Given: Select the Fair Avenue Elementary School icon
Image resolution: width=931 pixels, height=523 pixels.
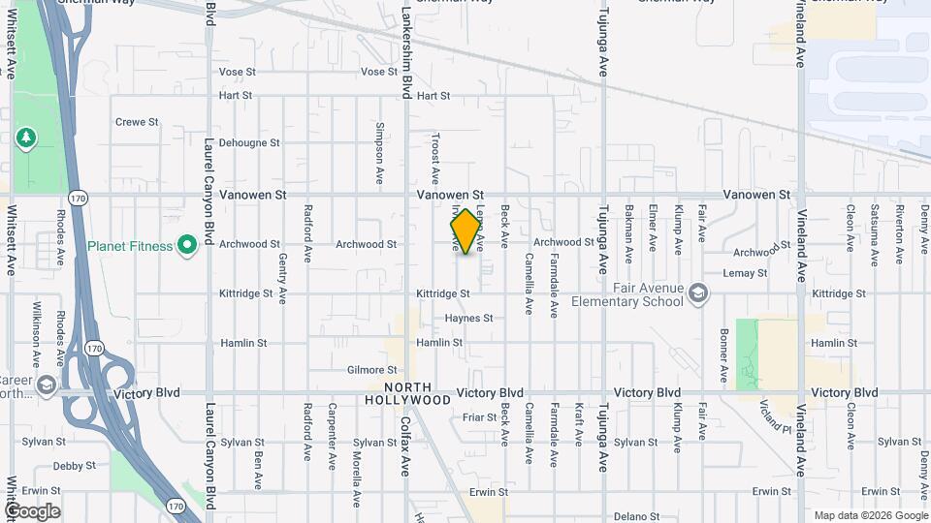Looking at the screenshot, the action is coord(697,293).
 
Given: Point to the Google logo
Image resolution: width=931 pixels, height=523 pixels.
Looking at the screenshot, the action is coord(31,511).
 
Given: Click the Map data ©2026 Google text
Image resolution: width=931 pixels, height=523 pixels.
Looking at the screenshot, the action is coord(870,515).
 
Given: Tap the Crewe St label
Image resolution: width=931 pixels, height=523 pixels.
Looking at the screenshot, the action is coord(137,122).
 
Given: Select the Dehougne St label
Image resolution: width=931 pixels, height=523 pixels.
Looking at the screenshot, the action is coord(249,142).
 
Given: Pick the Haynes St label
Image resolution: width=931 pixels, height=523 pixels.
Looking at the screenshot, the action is coord(469,318).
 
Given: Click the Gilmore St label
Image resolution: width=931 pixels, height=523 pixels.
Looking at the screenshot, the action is coord(372,370).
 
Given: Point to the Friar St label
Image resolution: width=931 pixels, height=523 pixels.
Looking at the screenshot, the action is coord(479,417).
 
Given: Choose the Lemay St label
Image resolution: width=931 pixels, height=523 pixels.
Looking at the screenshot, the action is coord(745,273).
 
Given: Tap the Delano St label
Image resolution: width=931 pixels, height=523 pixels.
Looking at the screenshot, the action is coord(638,517).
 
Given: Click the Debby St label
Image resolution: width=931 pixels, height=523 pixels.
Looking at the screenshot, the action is coord(75,466).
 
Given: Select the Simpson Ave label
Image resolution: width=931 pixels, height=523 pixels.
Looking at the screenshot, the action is coord(380,154).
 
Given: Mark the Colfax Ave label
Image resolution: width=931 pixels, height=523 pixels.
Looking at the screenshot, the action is coord(404,445).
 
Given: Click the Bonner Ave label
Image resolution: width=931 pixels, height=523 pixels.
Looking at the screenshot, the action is coord(723,354).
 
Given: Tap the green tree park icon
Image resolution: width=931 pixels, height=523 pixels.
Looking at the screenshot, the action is coord(25,137).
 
